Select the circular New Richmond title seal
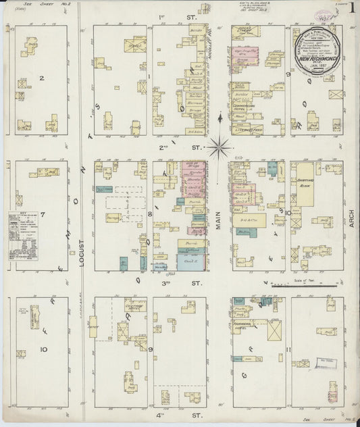(316, 50)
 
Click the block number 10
(43, 349)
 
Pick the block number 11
(288, 349)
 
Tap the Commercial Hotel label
(246, 108)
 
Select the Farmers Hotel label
(249, 325)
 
